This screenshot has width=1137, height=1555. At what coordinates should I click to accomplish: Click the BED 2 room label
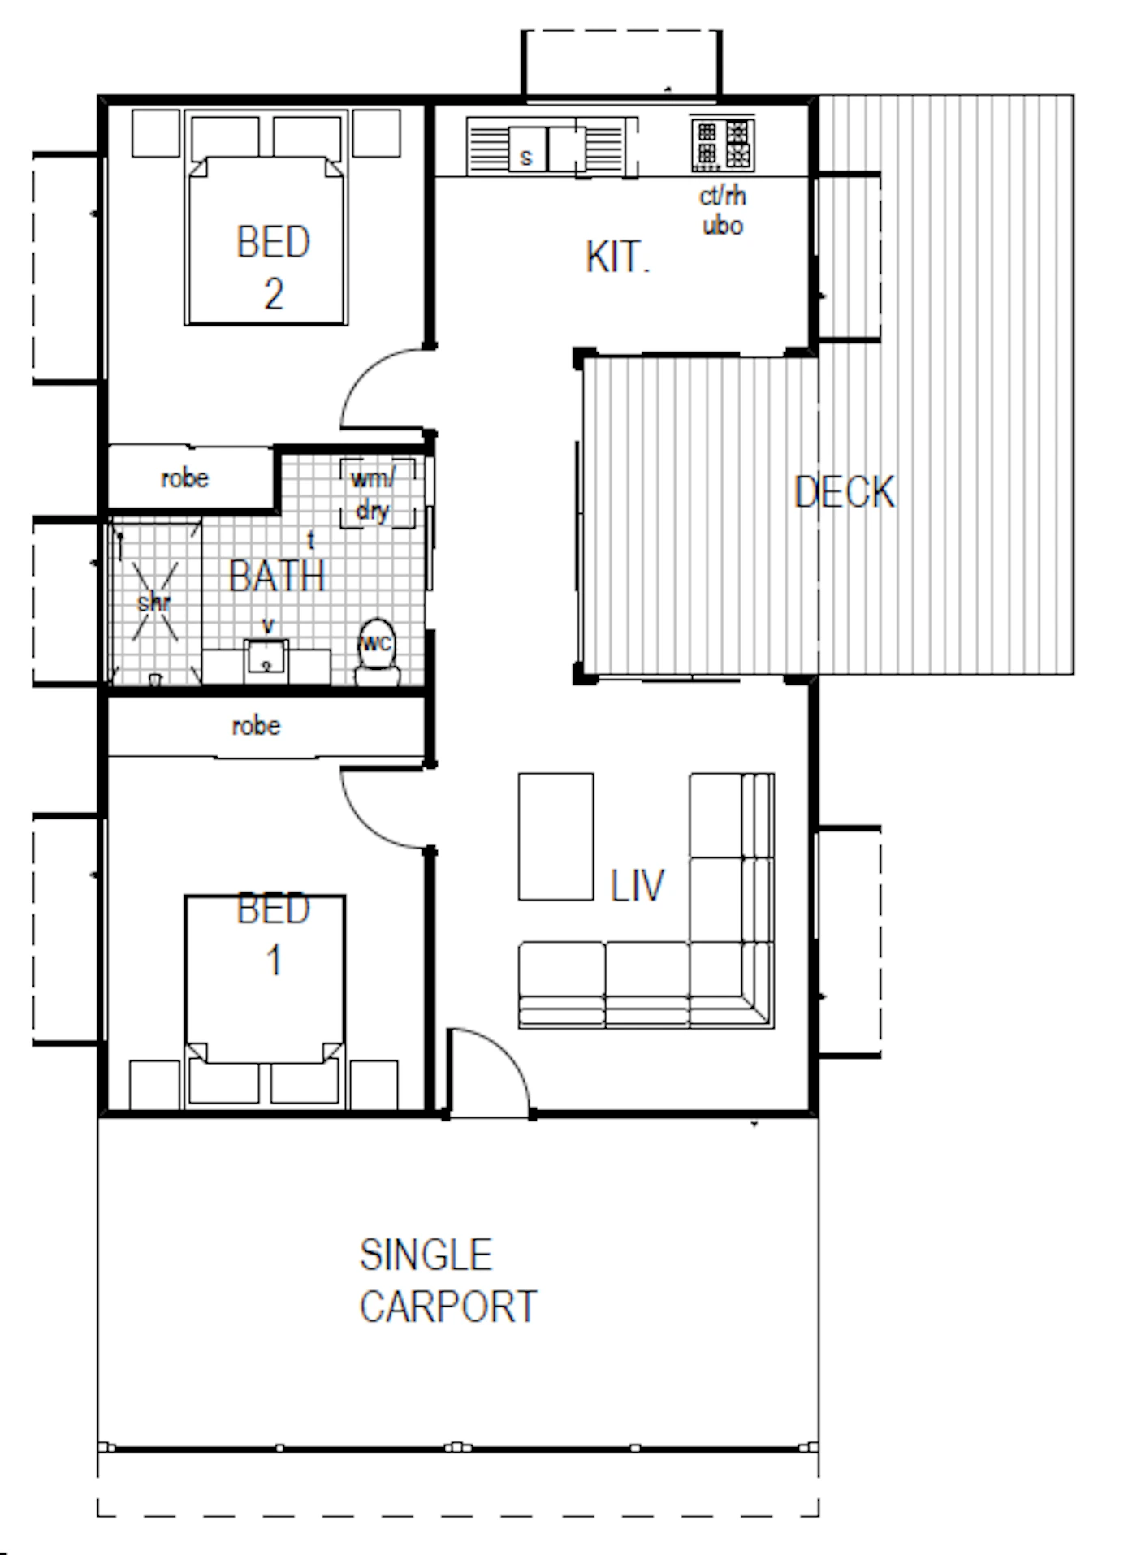(274, 267)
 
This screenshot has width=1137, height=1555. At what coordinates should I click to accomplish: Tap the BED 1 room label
(274, 934)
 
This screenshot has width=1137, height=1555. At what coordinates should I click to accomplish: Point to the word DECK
(845, 492)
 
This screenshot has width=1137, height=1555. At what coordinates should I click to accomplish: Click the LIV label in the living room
(638, 885)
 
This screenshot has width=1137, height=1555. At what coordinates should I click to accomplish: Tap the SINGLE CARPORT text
(448, 1281)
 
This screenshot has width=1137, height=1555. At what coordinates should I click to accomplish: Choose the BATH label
(278, 576)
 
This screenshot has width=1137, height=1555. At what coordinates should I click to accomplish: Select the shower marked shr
(155, 602)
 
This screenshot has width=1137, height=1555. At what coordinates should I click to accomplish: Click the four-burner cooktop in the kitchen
(722, 144)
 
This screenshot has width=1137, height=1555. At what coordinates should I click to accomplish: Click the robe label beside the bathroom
(185, 478)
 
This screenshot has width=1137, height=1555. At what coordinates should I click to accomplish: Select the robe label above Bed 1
(257, 725)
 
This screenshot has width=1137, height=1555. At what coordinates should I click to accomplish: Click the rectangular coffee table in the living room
(556, 837)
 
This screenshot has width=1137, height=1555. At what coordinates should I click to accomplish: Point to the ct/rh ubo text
(723, 211)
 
